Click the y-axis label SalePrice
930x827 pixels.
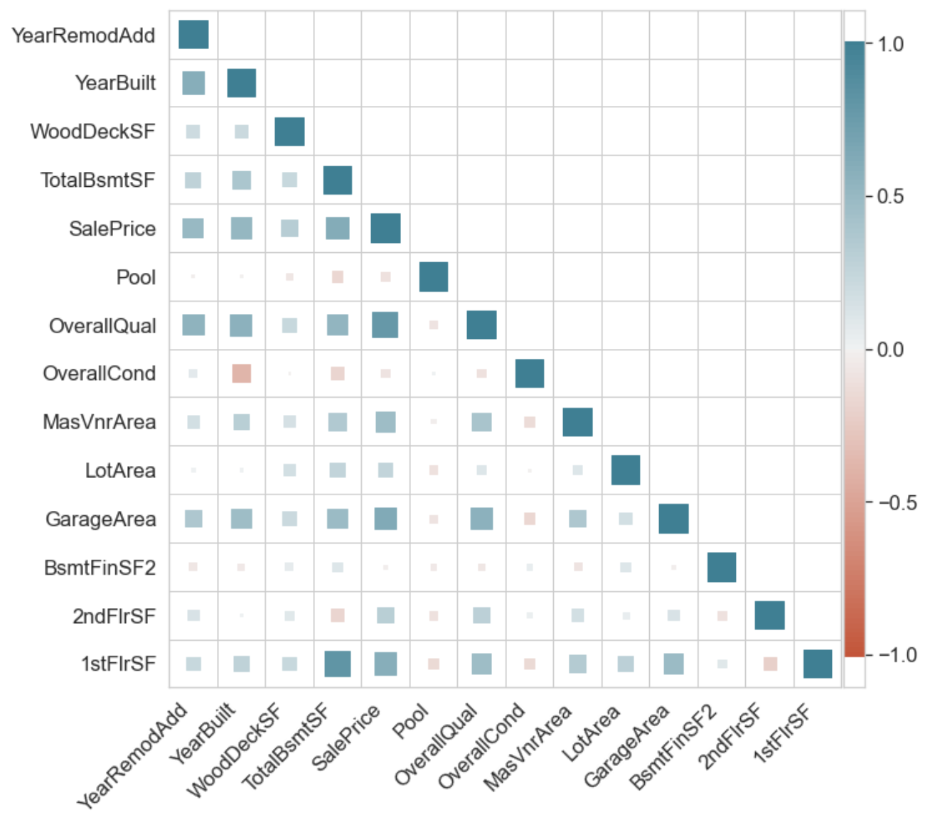112,229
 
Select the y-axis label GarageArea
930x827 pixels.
101,519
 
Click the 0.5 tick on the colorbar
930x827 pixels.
889,196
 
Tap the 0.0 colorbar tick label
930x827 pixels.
889,350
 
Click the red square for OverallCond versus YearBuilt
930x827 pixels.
242,374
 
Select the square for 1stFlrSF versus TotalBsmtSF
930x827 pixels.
338,664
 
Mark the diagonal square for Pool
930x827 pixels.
434,277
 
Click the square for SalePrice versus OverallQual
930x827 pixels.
385,325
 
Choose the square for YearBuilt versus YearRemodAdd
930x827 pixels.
193,83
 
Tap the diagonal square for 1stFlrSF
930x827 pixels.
818,664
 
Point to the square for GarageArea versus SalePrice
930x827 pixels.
385,519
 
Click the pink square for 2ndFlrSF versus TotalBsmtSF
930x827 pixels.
338,615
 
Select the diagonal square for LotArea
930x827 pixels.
626,470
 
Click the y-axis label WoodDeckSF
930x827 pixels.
92,131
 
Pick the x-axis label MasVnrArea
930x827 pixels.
528,746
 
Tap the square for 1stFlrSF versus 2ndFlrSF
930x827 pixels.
770,664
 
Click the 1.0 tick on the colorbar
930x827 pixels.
889,44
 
